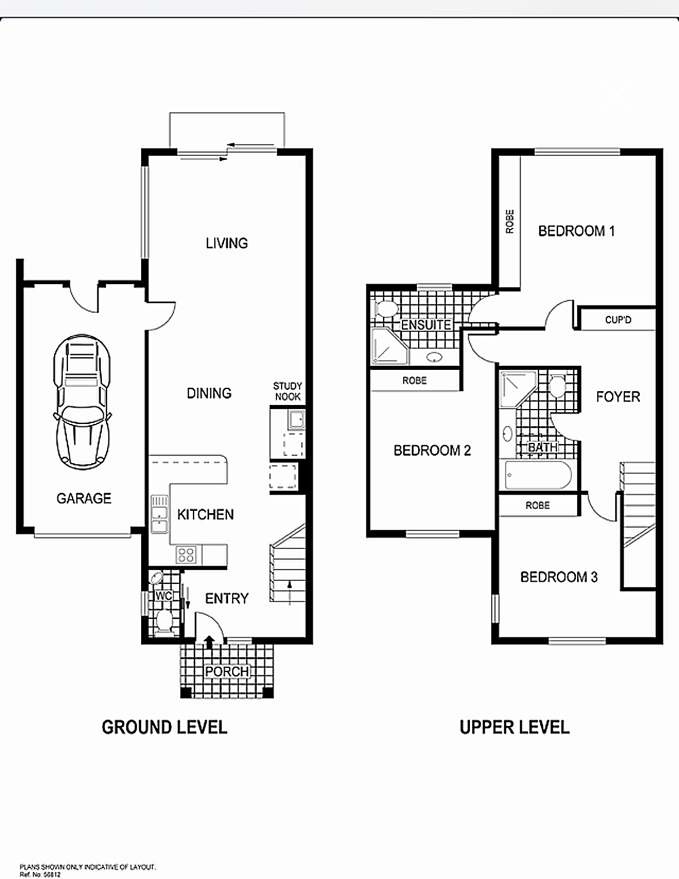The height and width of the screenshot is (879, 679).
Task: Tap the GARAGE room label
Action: (84, 498)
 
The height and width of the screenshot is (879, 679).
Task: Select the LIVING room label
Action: (227, 243)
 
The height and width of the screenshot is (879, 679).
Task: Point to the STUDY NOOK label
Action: (287, 391)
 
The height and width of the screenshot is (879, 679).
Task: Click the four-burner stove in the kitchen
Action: (186, 554)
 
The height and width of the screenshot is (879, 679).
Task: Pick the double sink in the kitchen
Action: (159, 514)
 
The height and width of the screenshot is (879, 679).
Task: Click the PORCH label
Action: (227, 671)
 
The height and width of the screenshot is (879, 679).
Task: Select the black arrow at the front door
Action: (209, 642)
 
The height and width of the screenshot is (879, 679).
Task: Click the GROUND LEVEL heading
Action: (164, 727)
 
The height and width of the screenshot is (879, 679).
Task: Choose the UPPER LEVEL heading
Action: (515, 727)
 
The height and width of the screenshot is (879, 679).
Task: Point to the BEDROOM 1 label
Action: (576, 231)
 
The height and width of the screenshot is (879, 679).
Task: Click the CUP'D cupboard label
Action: (618, 320)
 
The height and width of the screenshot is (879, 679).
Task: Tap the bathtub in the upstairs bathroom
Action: (538, 475)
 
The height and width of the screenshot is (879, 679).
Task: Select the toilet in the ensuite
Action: (386, 309)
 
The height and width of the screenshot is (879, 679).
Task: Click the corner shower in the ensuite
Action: (389, 346)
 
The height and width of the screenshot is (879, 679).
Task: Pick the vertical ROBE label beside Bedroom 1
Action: (510, 221)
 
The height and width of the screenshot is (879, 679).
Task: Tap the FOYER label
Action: (618, 397)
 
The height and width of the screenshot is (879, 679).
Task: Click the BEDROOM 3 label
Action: (559, 577)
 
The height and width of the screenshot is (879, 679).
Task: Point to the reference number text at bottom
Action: (40, 874)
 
